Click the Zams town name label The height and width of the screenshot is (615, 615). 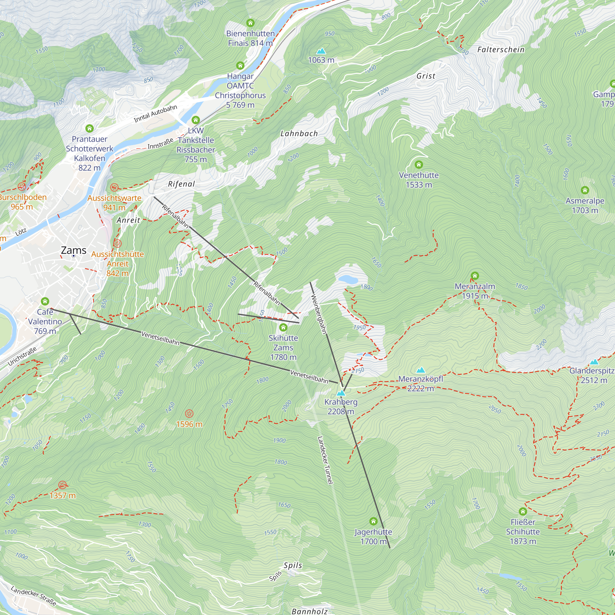(73, 251)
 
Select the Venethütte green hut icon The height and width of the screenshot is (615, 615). (419, 165)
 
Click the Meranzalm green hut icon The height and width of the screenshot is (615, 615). (474, 276)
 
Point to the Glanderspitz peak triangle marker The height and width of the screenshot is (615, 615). (594, 362)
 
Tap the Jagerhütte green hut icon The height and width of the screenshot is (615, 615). (373, 522)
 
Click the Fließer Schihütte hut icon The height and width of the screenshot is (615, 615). (523, 512)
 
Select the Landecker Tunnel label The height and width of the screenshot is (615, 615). (325, 460)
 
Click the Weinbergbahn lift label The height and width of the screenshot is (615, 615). (319, 314)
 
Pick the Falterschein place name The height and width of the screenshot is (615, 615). (501, 50)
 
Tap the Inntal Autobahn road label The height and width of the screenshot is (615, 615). (155, 114)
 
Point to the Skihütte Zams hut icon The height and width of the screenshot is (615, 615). (283, 327)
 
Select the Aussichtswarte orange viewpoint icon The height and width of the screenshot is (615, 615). (114, 187)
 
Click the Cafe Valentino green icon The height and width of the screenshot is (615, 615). (45, 301)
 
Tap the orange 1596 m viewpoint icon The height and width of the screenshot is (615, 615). (189, 414)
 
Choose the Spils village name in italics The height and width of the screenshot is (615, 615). (293, 565)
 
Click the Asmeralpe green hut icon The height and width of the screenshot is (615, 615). (585, 190)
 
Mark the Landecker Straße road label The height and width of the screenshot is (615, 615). (34, 596)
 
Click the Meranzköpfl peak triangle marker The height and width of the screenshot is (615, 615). (421, 370)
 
